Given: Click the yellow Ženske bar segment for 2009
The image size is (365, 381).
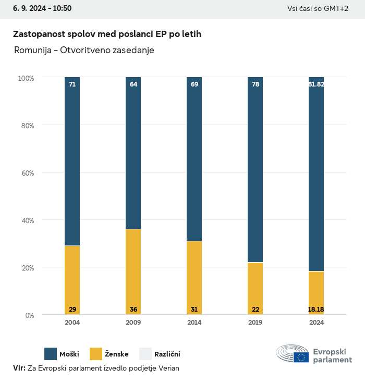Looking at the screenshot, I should point(133,271).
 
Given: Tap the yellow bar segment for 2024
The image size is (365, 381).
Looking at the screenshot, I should point(317,292).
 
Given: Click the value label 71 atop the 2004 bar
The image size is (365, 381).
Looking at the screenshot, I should point(72,84).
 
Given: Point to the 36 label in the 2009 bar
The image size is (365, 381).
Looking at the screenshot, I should point(133,310).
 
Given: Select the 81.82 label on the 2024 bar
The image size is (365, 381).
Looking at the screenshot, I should point(316,84).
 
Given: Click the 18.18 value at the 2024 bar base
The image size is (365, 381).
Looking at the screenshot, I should point(316,310).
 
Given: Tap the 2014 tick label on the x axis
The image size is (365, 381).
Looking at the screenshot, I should point(194,323).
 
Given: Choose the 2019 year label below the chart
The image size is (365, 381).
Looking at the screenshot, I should point(256,323).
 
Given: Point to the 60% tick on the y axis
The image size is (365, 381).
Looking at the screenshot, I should point(27,173).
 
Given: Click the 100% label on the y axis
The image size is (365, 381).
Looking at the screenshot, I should point(26,78).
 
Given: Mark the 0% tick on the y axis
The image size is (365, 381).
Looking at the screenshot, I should point(29,315).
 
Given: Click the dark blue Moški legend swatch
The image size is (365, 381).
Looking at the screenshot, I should point(51,354).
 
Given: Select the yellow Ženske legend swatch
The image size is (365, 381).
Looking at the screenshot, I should point(96,354).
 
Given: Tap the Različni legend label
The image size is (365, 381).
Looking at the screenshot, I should point(167,354).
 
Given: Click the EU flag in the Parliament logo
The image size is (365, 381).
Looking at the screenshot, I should point(301,357).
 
